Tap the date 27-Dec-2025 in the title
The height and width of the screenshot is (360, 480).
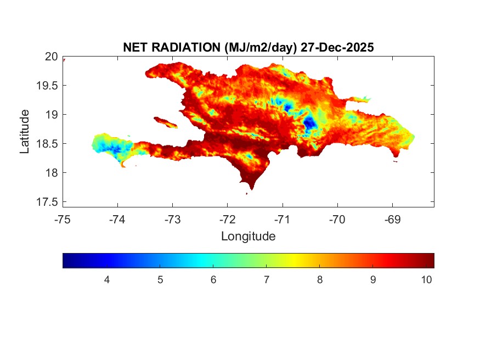click(337, 48)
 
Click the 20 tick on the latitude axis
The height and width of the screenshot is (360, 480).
click(52, 56)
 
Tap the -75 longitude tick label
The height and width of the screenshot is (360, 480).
click(63, 220)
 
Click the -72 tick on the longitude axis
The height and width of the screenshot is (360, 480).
click(227, 220)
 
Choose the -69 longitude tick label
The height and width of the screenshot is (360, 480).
click(392, 220)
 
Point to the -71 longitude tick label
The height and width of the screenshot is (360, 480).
click(282, 220)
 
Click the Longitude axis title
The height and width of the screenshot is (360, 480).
click(248, 237)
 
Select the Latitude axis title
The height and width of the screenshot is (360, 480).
click(25, 131)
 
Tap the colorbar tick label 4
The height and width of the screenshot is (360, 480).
click(107, 280)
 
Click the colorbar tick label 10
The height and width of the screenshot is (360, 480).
click(426, 280)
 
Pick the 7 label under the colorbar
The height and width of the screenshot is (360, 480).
click(267, 280)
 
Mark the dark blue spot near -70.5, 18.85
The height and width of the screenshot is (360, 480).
click(309, 123)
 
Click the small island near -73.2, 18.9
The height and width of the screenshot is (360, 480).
click(165, 122)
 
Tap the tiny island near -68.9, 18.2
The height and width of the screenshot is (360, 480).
click(396, 161)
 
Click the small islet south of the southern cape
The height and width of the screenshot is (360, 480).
click(247, 194)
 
